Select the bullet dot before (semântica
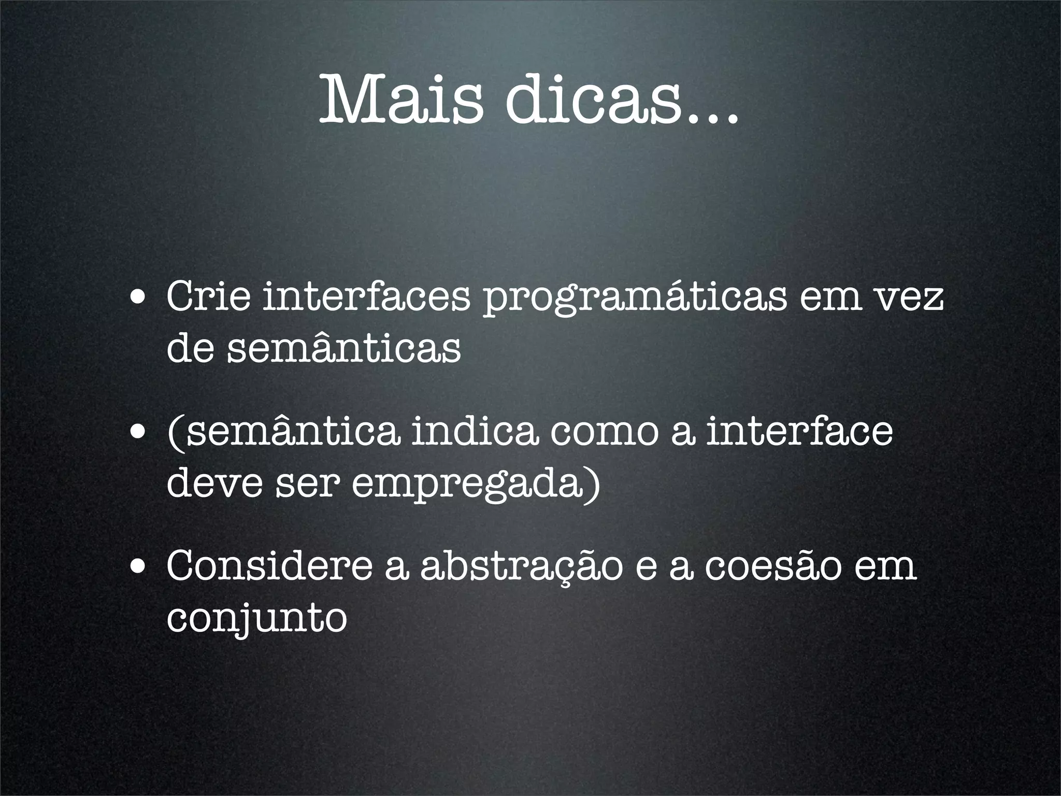137,433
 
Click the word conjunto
256,619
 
